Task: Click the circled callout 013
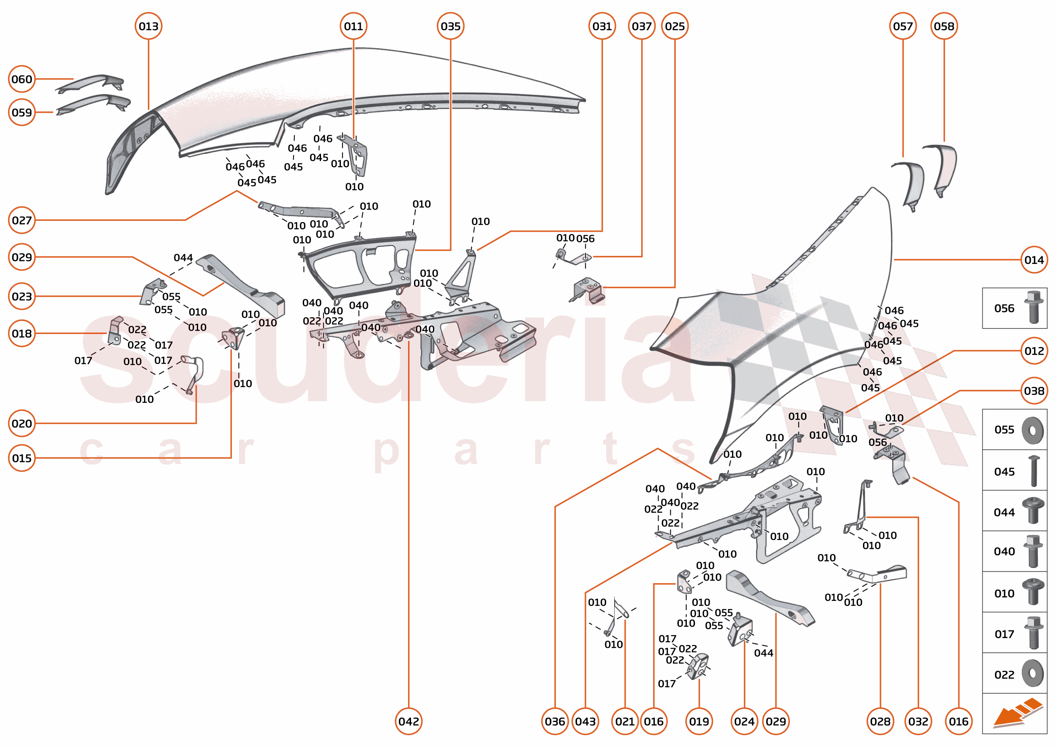tap(148, 26)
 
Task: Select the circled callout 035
tap(450, 26)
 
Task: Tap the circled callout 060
tap(22, 79)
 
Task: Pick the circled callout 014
tap(1034, 260)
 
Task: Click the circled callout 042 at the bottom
tap(408, 721)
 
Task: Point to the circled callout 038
tap(1034, 391)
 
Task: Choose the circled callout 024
tap(743, 721)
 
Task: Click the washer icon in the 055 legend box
tap(1032, 430)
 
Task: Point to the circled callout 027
tap(22, 220)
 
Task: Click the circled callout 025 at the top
tap(674, 26)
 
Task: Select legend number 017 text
tap(1004, 634)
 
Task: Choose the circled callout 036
tap(555, 721)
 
